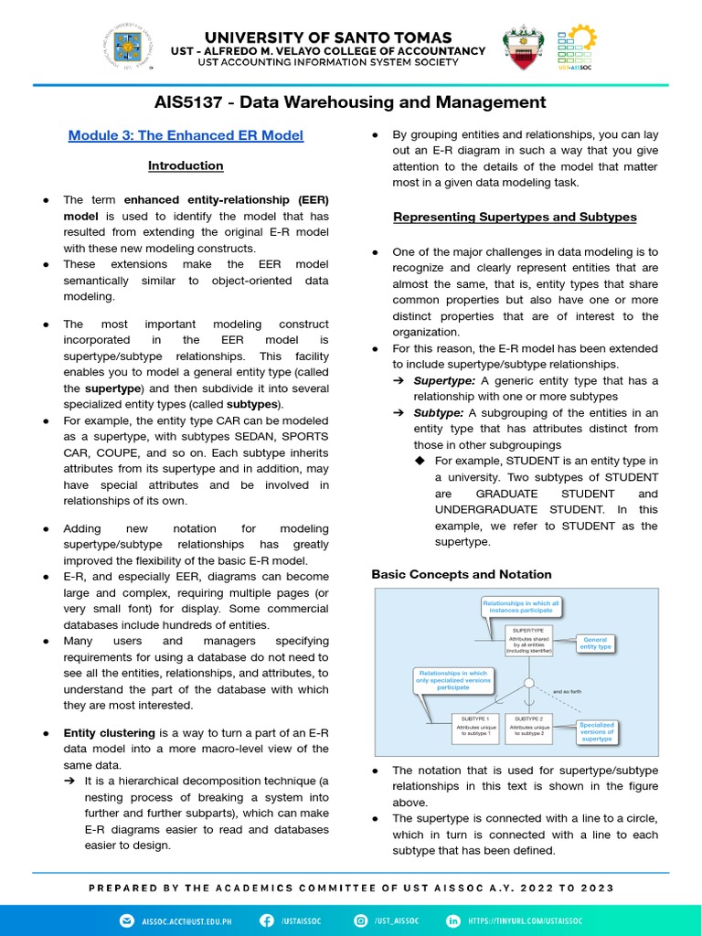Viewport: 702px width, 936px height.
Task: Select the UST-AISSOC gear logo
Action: (576, 48)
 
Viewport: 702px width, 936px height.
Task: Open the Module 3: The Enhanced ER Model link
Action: (186, 135)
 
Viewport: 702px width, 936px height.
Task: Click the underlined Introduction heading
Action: (186, 165)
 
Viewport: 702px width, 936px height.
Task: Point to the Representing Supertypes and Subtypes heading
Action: (515, 217)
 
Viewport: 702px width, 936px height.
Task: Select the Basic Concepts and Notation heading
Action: (462, 574)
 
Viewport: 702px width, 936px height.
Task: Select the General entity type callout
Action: (595, 643)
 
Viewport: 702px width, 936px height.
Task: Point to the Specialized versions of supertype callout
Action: (597, 732)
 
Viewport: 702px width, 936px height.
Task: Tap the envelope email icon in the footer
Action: (126, 920)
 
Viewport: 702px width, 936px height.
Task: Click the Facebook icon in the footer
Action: (267, 920)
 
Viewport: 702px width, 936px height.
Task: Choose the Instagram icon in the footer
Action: (361, 920)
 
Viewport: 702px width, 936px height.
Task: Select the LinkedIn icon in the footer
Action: (452, 920)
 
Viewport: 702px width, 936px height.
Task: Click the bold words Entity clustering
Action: (110, 733)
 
